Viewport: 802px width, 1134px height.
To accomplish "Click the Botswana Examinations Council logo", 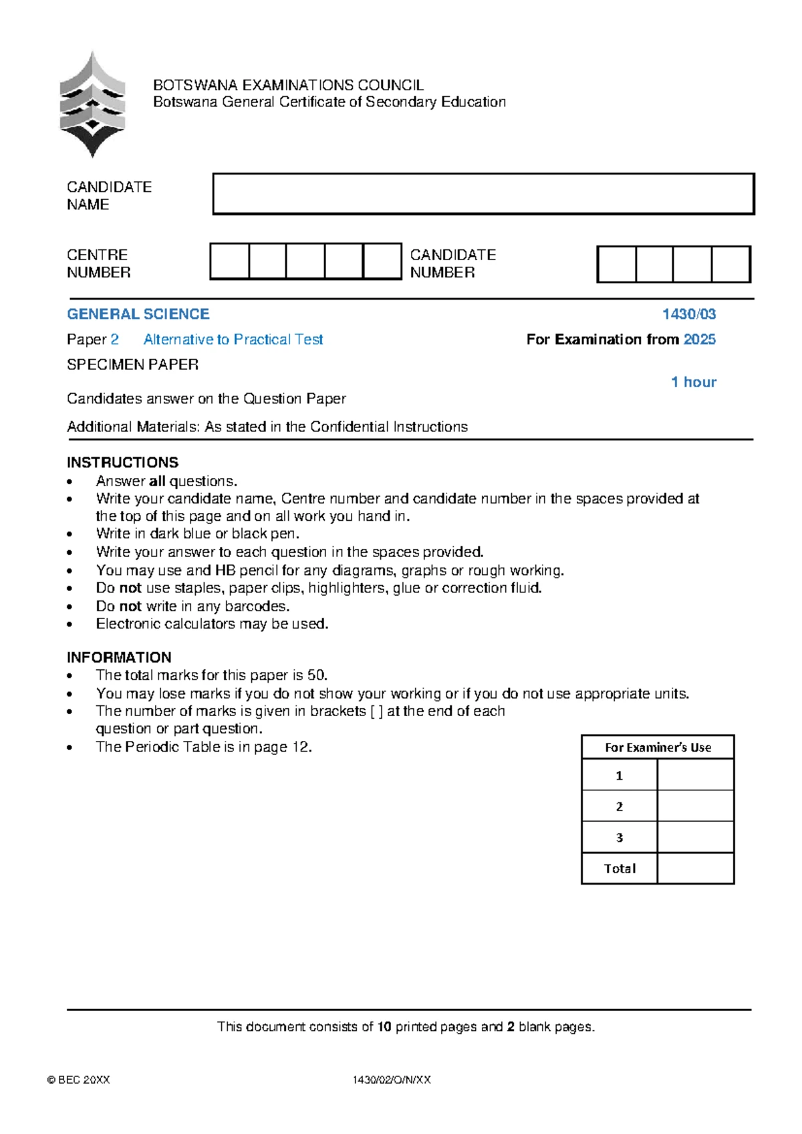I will [92, 105].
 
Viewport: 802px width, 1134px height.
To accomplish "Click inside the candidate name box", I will [483, 194].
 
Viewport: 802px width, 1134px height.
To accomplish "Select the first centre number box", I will [229, 261].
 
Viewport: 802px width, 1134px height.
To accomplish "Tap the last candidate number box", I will [730, 264].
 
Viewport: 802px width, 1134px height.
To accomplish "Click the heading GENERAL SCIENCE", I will [138, 314].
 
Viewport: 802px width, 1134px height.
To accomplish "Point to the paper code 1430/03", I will [688, 314].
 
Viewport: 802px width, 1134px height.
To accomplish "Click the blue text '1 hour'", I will [694, 382].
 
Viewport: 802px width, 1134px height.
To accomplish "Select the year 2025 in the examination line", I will [700, 339].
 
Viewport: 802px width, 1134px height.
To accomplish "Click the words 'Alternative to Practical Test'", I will [233, 339].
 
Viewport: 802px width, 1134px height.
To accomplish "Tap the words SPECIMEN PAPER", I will [132, 364].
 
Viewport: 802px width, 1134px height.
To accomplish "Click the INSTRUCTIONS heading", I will [122, 462].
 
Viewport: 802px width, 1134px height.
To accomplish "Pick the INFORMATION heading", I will [119, 657].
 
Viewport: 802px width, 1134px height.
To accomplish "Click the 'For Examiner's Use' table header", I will [658, 747].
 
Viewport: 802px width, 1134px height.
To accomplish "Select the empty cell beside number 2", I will [695, 806].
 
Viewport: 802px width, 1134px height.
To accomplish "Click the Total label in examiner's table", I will [620, 869].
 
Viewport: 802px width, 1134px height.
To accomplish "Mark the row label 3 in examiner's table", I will [619, 837].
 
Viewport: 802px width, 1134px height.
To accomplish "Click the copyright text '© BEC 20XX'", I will [78, 1079].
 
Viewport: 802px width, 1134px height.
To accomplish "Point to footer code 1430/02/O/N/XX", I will [392, 1079].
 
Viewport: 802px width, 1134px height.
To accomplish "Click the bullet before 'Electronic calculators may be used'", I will [70, 625].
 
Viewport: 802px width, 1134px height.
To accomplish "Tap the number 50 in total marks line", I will [315, 675].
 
